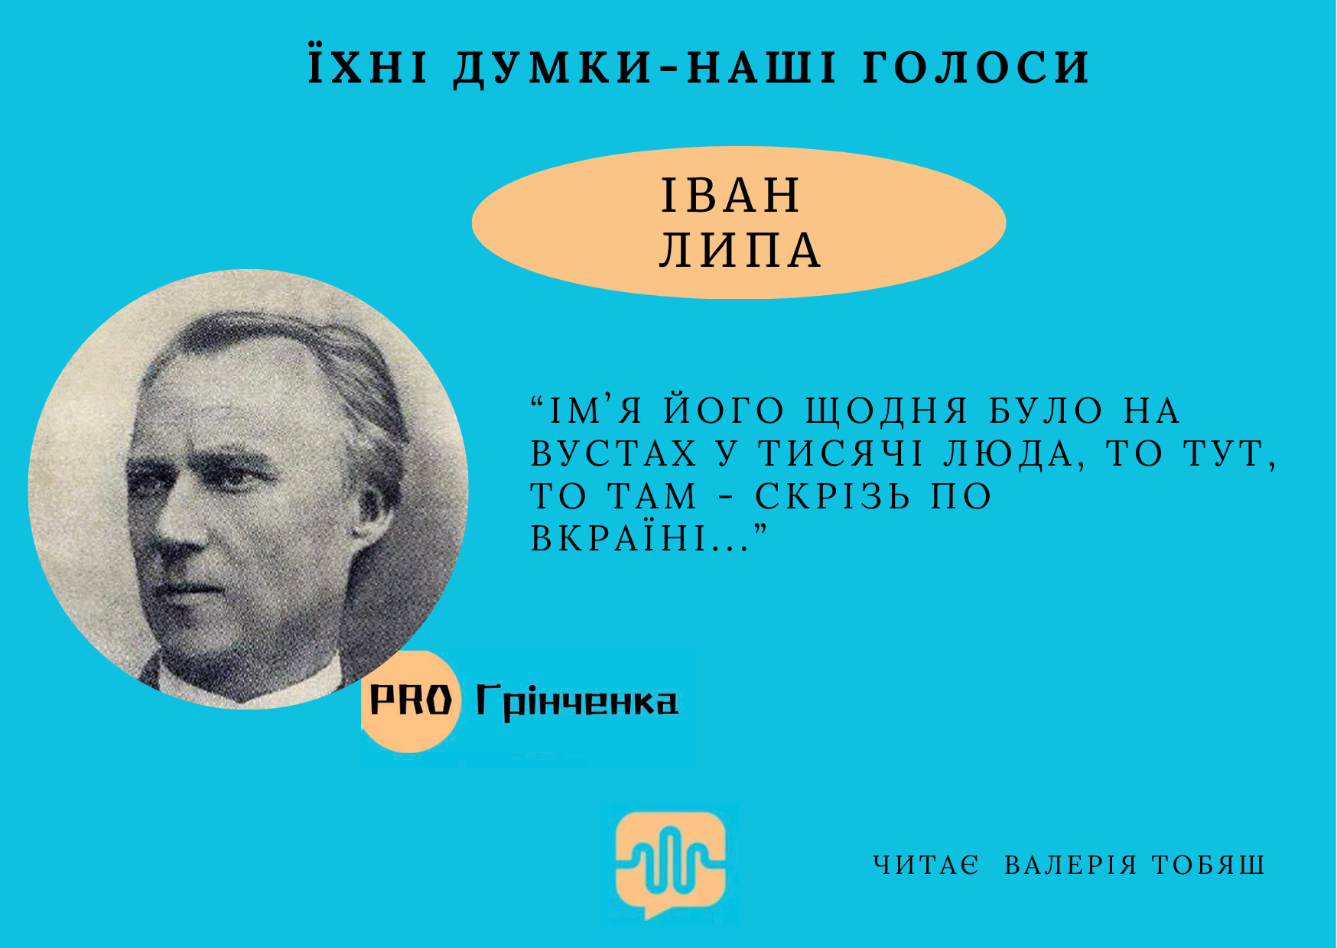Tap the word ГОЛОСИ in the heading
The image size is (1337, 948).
(977, 67)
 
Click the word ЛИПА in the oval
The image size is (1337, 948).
(740, 250)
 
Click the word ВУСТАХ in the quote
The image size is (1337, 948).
(614, 453)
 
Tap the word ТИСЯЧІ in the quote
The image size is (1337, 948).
(841, 453)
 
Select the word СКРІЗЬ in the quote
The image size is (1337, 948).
(832, 496)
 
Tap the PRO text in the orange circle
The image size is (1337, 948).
(411, 699)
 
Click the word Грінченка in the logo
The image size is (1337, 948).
(577, 701)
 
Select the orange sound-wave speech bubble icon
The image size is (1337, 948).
(671, 864)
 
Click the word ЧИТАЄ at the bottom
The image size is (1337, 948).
(926, 865)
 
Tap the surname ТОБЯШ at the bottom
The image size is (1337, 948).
(1209, 865)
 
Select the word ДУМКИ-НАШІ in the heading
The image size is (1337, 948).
(646, 67)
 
